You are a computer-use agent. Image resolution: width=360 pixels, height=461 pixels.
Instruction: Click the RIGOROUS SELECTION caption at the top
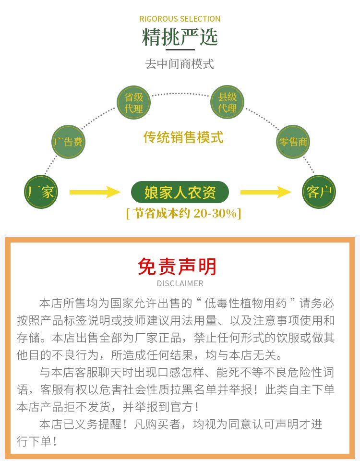point(180,19)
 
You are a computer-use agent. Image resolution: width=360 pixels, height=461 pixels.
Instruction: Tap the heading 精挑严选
point(180,37)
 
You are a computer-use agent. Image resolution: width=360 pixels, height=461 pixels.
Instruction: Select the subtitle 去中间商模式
point(180,64)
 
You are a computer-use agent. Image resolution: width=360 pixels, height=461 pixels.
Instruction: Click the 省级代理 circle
point(134,103)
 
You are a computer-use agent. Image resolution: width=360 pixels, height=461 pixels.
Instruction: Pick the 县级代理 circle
point(228,103)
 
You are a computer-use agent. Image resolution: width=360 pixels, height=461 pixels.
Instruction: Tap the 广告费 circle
point(68,142)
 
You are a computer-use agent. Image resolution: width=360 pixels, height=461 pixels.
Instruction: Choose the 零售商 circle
point(293,142)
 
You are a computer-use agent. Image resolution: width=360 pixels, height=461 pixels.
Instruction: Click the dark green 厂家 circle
point(41,193)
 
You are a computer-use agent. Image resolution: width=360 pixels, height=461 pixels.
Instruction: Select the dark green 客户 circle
point(319,193)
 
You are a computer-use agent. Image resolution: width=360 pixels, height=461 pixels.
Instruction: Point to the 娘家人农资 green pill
point(180,193)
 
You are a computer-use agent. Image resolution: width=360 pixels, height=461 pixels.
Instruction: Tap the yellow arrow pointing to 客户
point(265,193)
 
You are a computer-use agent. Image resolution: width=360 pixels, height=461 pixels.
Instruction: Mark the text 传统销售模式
point(183,137)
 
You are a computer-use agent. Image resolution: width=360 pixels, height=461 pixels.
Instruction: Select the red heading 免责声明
point(177,267)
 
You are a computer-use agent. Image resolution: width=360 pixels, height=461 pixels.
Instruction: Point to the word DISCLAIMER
point(180,283)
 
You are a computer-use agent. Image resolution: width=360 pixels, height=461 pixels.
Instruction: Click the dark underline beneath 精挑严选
point(180,49)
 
